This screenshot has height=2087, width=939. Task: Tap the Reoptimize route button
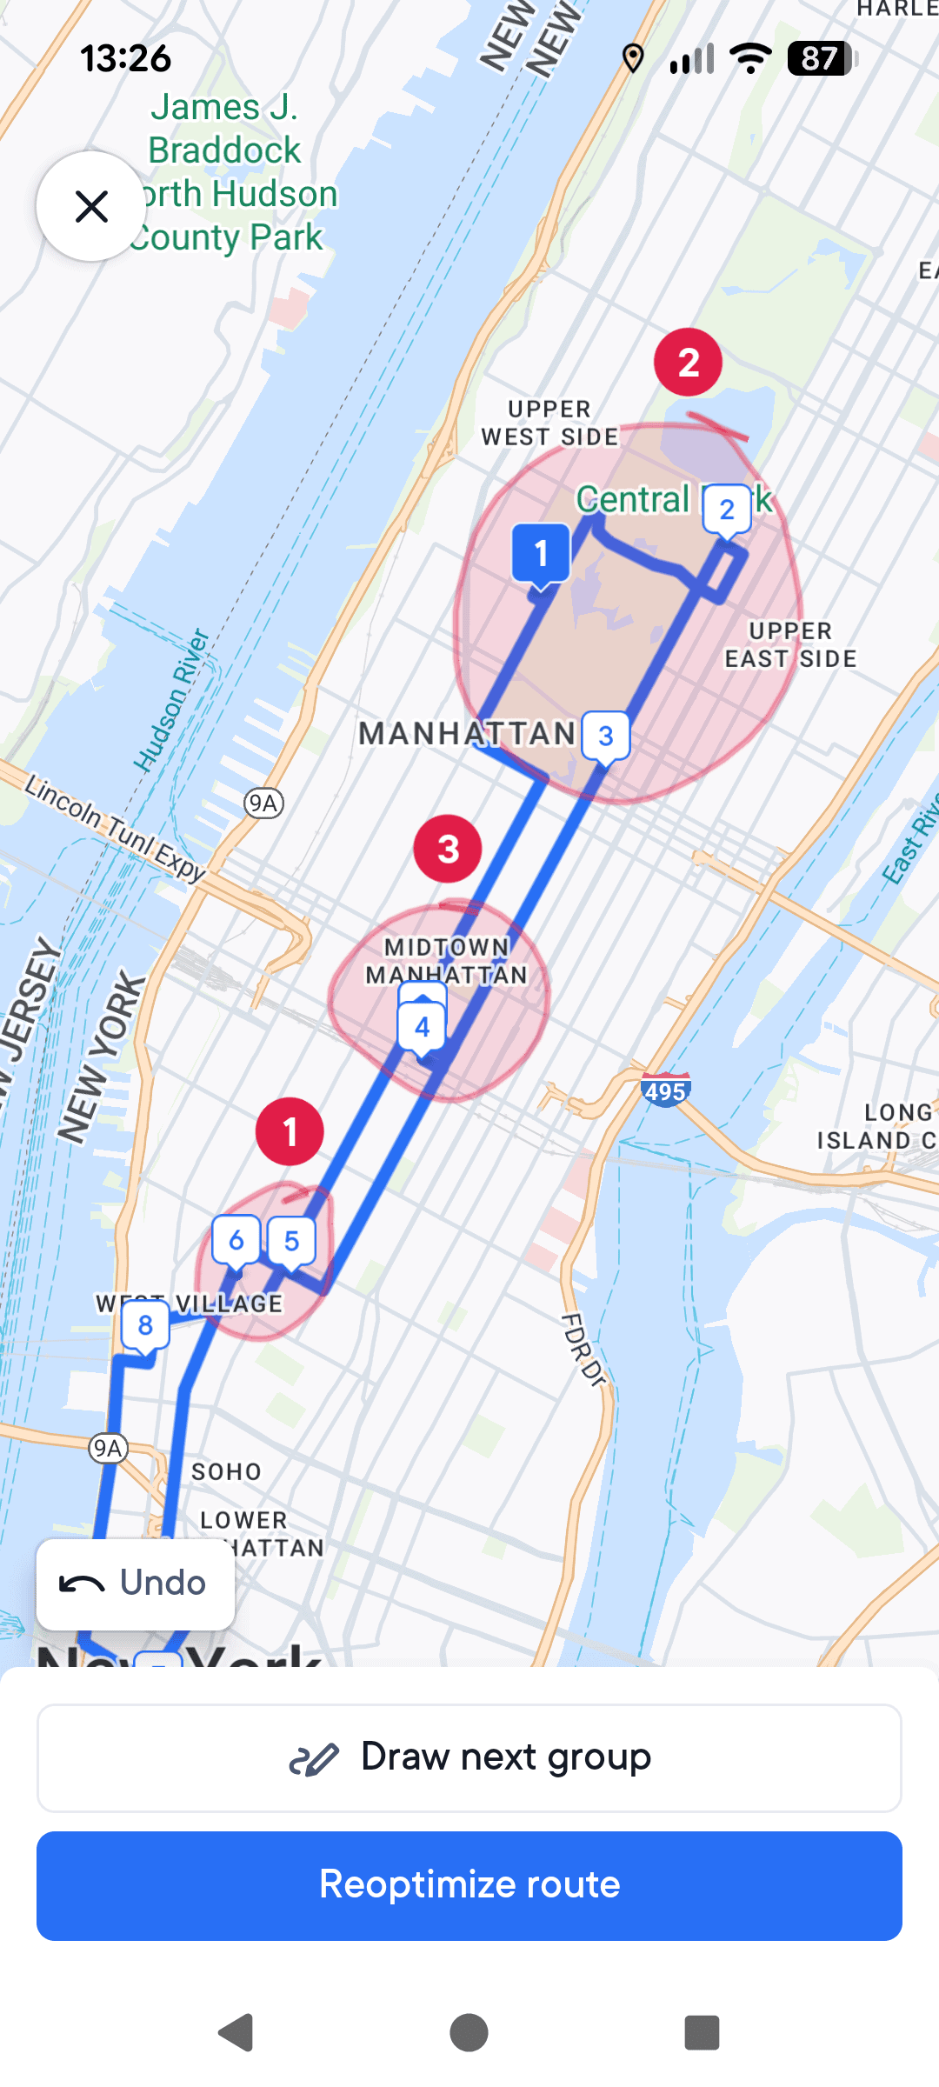click(469, 1884)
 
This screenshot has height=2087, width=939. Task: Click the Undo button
click(135, 1584)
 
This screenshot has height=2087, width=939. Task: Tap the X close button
click(91, 206)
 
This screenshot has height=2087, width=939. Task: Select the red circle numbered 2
click(689, 363)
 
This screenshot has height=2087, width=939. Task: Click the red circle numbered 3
click(448, 849)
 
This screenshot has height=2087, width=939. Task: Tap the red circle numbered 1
click(290, 1131)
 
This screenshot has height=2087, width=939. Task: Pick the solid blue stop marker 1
click(541, 553)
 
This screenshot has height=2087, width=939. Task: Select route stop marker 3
click(606, 737)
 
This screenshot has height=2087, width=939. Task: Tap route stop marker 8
click(145, 1325)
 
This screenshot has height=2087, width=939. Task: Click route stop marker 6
click(236, 1241)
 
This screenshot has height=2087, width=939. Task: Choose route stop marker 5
click(291, 1241)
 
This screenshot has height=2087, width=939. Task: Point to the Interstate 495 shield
click(665, 1090)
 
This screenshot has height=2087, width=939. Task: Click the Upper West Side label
click(549, 423)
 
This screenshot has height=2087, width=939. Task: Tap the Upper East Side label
click(790, 645)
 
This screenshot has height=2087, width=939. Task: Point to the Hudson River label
click(172, 700)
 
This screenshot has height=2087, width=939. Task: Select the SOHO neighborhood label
click(226, 1471)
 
